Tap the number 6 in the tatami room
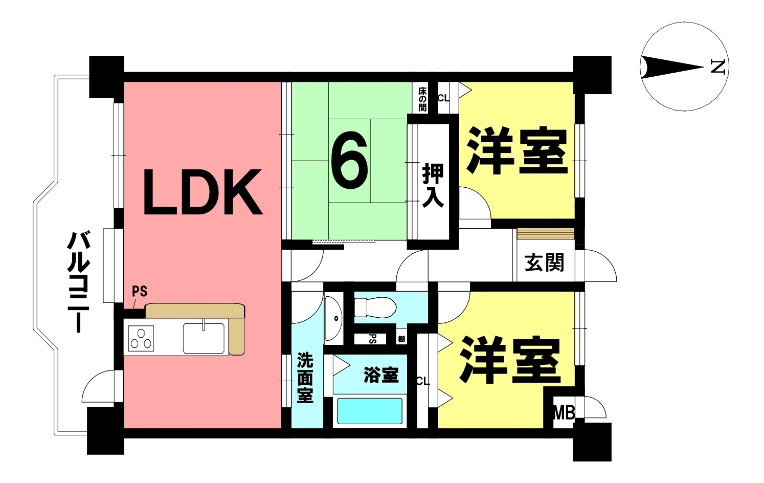tap(350, 160)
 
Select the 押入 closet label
tap(433, 185)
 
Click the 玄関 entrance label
tap(544, 263)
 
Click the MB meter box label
tap(564, 412)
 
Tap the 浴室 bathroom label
tap(381, 375)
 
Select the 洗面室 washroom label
tap(305, 378)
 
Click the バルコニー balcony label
tap(78, 282)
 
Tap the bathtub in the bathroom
tap(370, 411)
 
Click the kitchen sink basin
tap(203, 338)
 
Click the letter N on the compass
tap(718, 67)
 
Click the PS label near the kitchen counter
tap(140, 292)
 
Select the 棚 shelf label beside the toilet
tap(402, 339)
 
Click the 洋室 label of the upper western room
tap(516, 152)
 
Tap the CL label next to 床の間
tap(443, 97)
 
